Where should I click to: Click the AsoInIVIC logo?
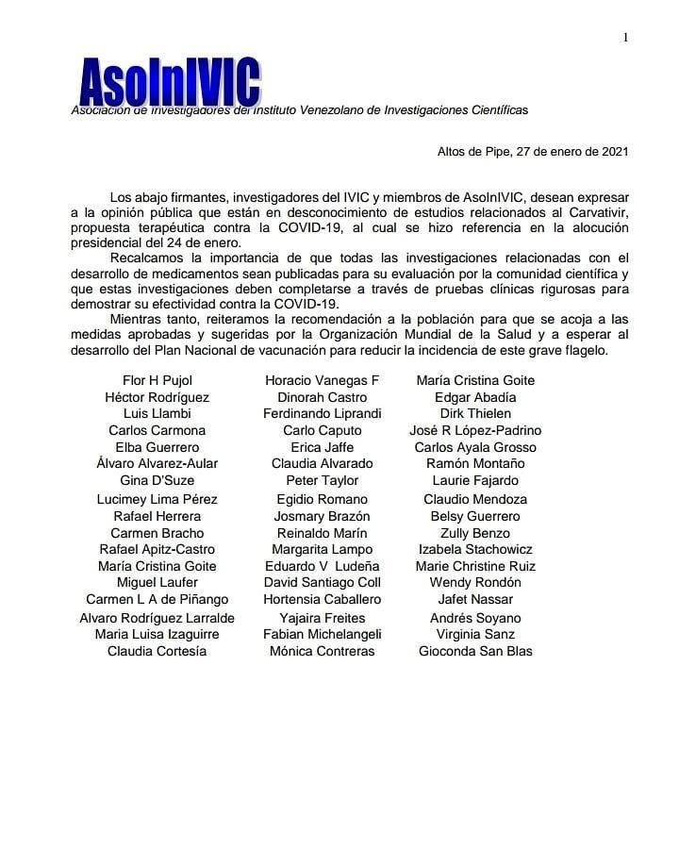[170, 83]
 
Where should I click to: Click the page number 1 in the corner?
[625, 37]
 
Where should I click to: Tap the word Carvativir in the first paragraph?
[597, 213]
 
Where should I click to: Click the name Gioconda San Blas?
[475, 651]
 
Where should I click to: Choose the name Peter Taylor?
[323, 480]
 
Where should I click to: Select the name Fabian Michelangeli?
[323, 634]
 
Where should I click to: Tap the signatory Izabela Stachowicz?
[475, 549]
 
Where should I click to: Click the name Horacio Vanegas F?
[323, 380]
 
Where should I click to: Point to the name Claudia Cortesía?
[157, 651]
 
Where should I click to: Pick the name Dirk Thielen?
[475, 413]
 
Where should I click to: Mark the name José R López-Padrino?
[475, 430]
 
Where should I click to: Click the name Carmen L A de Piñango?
[157, 599]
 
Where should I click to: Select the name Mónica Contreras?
[323, 651]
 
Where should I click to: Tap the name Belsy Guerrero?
[475, 516]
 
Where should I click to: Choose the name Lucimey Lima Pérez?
[157, 499]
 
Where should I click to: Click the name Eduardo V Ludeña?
[323, 566]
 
